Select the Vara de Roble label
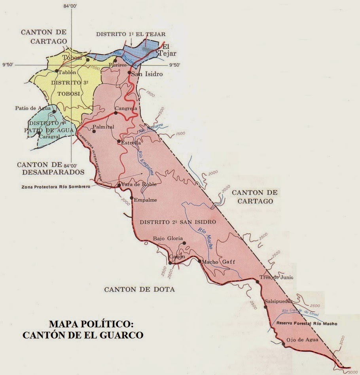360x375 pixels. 139,185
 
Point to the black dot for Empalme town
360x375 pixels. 132,198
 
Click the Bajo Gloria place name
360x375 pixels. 168,238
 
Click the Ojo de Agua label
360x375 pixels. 303,339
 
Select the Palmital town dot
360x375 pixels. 94,131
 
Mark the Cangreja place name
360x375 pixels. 126,108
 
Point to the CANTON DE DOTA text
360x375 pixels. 139,290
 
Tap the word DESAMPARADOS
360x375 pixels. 51,172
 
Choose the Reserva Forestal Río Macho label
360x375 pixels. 307,324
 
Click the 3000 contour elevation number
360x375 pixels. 342,342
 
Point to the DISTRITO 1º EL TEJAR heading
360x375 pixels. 131,34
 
